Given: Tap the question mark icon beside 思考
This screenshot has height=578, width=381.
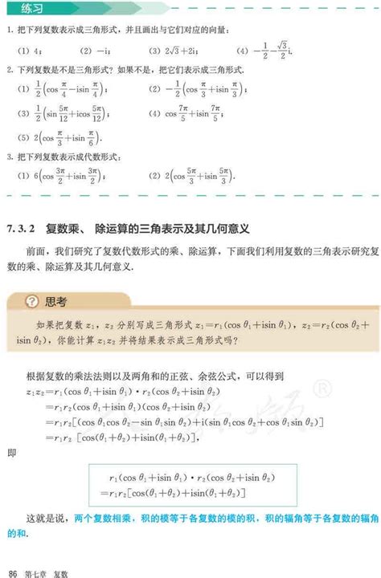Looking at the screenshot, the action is (31, 303).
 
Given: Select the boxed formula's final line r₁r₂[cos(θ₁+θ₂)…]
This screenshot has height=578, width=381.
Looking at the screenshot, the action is (180, 492).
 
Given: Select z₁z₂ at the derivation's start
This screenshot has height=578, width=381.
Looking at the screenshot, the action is (18, 391).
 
